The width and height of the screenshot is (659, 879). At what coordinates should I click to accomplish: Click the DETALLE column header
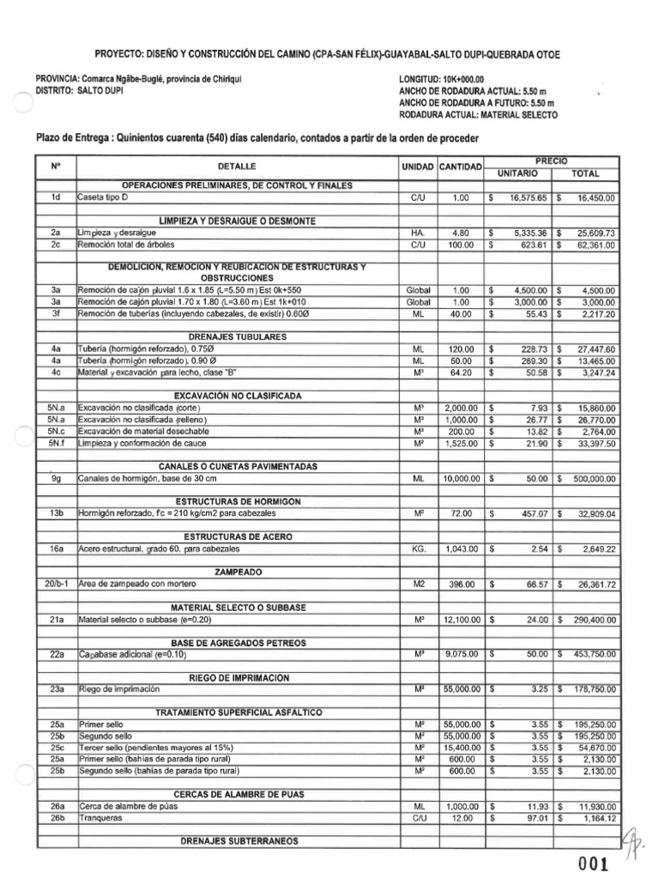click(x=237, y=166)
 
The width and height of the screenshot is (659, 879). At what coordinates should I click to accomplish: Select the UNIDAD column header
click(x=419, y=166)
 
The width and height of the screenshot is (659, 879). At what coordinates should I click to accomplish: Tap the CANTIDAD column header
click(x=461, y=166)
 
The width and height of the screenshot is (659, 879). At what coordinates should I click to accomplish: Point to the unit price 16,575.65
click(x=528, y=197)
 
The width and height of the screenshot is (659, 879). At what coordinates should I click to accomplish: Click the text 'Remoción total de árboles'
click(x=125, y=244)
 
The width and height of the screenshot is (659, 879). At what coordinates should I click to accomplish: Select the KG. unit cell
click(x=419, y=549)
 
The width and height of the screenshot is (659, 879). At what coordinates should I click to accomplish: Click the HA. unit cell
click(x=419, y=233)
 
